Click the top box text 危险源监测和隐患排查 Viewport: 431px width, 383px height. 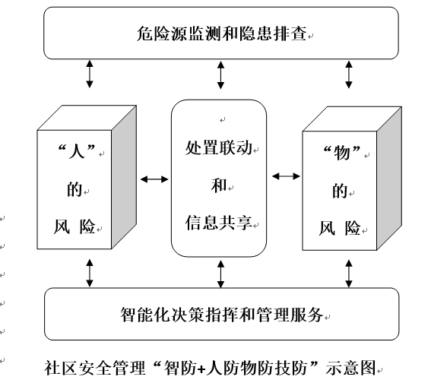tap(221, 33)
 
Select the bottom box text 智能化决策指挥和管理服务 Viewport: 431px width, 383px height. tap(221, 315)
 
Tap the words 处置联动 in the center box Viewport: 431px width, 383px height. tap(219, 148)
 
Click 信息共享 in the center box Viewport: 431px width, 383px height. tap(219, 223)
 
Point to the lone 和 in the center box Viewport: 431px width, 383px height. tap(219, 185)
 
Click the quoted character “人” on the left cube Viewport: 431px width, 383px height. tap(77, 151)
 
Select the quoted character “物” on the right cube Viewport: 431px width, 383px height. tap(341, 153)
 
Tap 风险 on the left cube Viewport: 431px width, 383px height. tap(74, 226)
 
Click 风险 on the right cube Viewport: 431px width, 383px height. tap(340, 228)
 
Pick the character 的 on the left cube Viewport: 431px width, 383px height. tap(74, 189)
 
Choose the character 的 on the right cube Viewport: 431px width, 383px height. tap(340, 191)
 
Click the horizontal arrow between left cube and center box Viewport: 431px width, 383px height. tap(154, 179)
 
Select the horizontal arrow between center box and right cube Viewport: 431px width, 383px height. tap(286, 176)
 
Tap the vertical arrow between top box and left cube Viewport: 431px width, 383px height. tap(90, 74)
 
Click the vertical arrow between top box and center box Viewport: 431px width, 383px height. tap(220, 74)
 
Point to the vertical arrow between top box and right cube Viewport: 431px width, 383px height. tap(349, 74)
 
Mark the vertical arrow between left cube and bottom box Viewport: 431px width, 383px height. tap(90, 273)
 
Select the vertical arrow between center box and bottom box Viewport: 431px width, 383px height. tap(220, 274)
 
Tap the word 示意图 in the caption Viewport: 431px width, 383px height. tap(350, 368)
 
